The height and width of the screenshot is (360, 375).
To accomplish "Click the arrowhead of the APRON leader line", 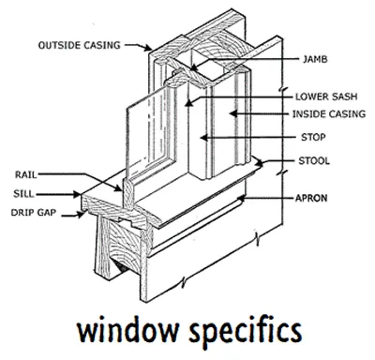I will (x=240, y=199).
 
